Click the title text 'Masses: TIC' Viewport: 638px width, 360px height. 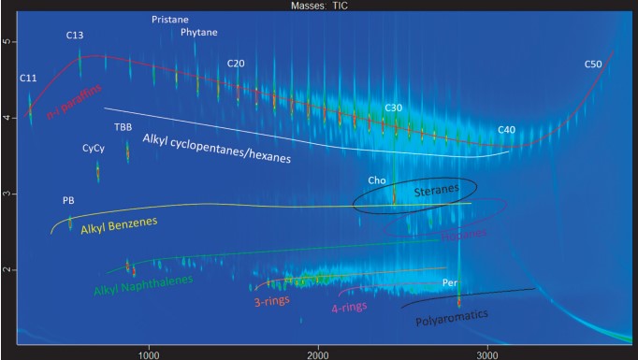coord(318,6)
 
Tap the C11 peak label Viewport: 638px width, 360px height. coord(28,78)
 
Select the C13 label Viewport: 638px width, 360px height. coord(76,35)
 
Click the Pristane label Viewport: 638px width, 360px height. coord(170,19)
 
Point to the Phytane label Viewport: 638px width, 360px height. coord(198,32)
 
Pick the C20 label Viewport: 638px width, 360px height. coord(236,64)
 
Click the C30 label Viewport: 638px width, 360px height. coord(393,108)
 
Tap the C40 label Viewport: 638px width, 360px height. coord(507,129)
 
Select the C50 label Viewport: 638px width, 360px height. coord(593,65)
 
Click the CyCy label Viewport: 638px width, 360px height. coord(93,149)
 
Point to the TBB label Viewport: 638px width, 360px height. coord(123,126)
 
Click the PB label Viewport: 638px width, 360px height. coord(68,200)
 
